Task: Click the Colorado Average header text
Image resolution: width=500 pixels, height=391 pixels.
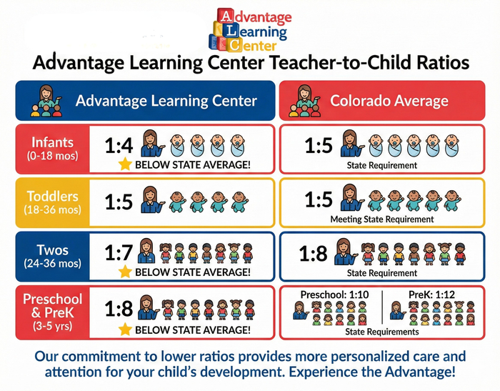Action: (x=389, y=100)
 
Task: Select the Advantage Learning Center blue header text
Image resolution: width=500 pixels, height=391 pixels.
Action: (x=166, y=100)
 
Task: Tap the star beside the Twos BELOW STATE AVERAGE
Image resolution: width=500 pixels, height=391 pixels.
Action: (x=126, y=272)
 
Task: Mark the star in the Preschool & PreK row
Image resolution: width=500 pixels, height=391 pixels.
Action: (x=126, y=330)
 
